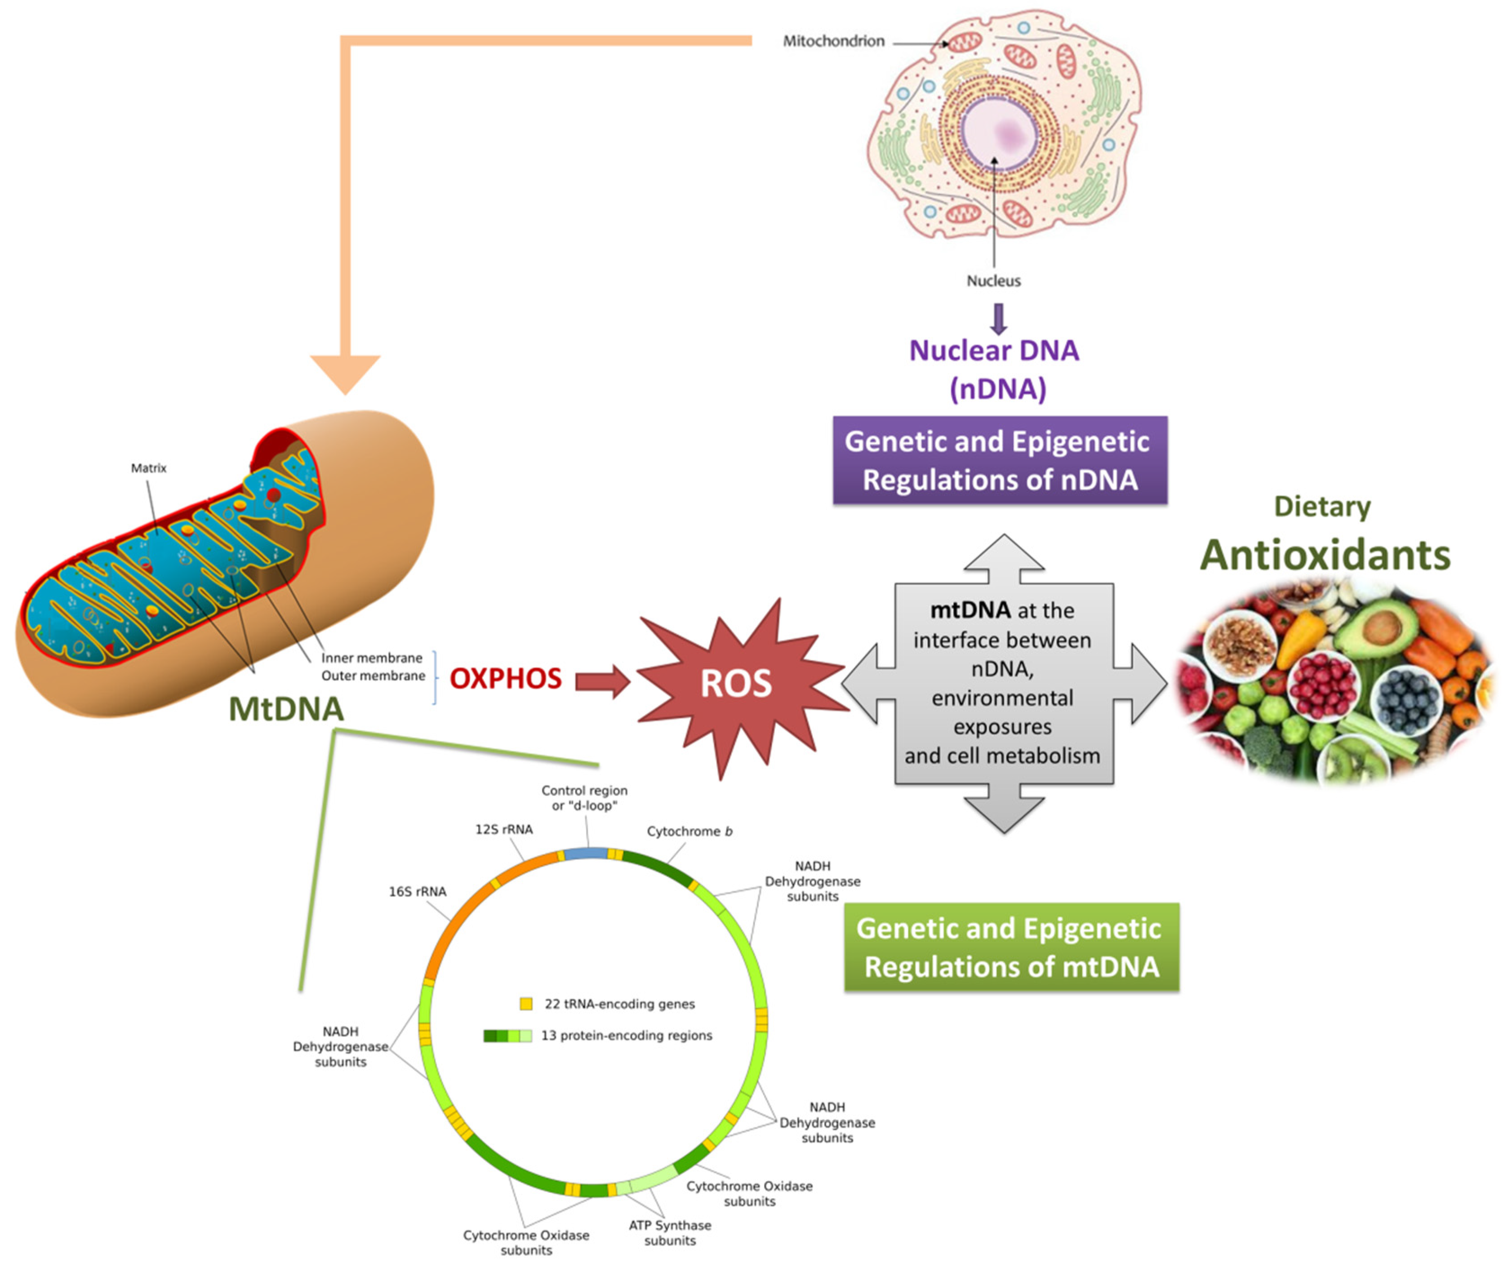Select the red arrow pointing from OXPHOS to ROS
(x=602, y=681)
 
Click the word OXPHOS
(x=506, y=678)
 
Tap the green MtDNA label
(x=286, y=709)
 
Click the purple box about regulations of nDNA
(x=999, y=460)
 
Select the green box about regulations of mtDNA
(x=1011, y=947)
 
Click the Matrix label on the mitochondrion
(x=148, y=468)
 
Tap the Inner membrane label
(x=372, y=658)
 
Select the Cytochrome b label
(x=689, y=831)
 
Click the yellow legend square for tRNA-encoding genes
(x=526, y=1003)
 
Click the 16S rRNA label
(x=417, y=891)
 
